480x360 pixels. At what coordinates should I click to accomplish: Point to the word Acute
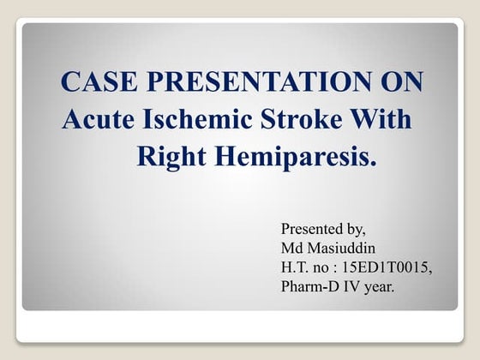click(x=96, y=120)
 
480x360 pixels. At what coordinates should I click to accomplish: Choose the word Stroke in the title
click(x=314, y=120)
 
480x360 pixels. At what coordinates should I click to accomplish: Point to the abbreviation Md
click(x=291, y=249)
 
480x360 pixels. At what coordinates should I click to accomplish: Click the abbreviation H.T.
click(x=297, y=267)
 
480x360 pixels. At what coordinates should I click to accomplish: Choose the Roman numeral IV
click(x=352, y=286)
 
